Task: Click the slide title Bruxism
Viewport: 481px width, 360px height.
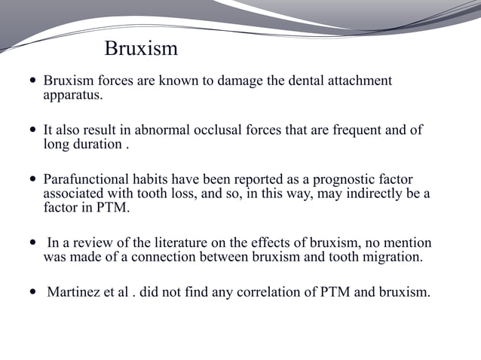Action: coord(141,50)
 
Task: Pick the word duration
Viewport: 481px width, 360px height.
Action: coord(97,145)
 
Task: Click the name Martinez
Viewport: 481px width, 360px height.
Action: coord(75,292)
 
